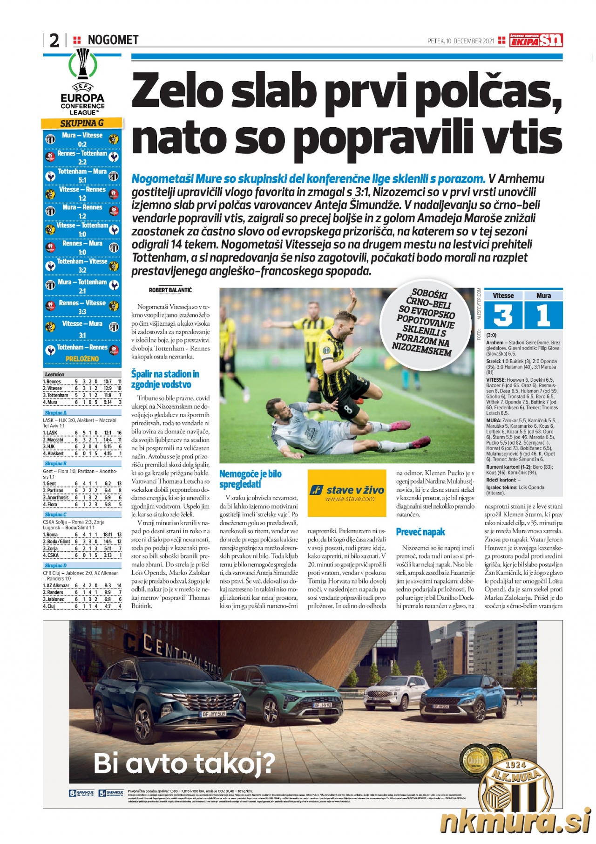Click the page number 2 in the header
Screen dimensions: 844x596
click(x=54, y=41)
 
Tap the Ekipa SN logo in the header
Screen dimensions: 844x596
click(x=536, y=41)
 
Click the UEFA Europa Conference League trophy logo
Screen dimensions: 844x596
click(x=83, y=65)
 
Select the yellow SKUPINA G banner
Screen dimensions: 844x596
click(x=82, y=123)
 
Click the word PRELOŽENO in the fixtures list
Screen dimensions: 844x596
click(x=82, y=359)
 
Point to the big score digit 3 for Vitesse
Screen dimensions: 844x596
click(x=503, y=315)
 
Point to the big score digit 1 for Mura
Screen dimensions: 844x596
click(x=543, y=315)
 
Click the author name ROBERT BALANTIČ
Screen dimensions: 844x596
click(x=170, y=290)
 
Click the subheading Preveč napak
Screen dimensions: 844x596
click(x=420, y=532)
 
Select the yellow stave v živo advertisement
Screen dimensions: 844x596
click(x=347, y=493)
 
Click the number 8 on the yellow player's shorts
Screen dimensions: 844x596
click(x=348, y=410)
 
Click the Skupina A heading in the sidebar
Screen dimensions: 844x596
click(x=55, y=413)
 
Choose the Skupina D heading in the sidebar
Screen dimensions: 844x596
click(x=55, y=565)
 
